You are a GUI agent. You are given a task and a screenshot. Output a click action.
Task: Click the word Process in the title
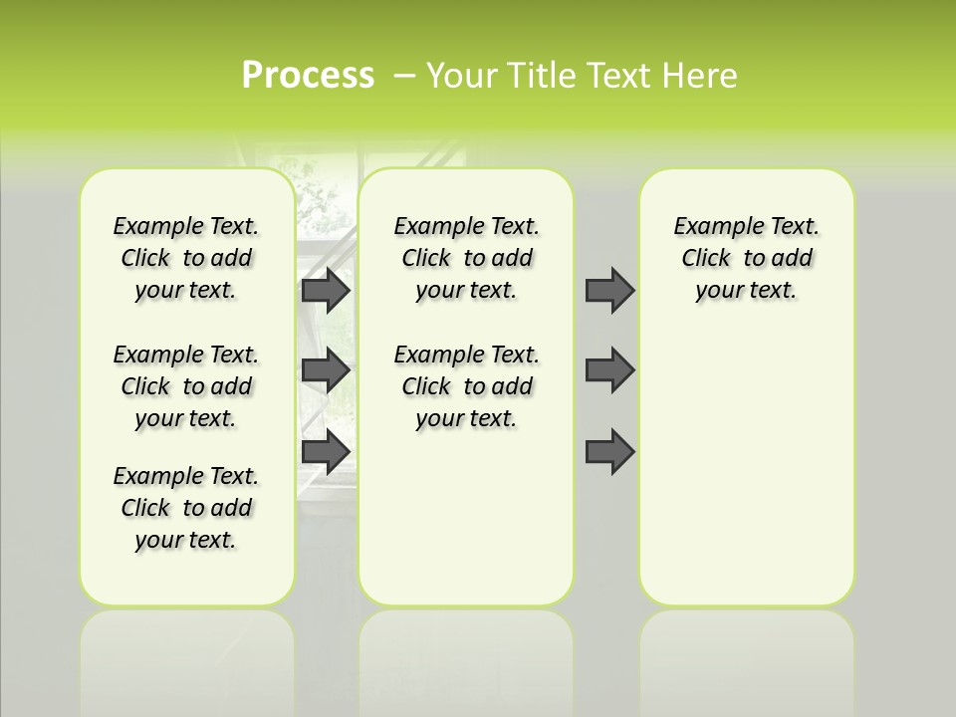(x=308, y=76)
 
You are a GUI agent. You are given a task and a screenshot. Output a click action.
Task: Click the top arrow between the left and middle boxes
(x=326, y=291)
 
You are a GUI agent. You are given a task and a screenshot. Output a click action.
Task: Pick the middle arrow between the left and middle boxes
(x=326, y=370)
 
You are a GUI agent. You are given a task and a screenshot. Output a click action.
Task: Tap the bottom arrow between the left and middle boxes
(x=326, y=452)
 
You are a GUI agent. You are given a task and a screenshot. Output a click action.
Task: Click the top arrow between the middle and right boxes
(x=609, y=291)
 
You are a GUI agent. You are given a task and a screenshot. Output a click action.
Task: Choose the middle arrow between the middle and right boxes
(x=609, y=370)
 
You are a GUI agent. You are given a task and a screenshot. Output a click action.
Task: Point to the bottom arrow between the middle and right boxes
(x=609, y=452)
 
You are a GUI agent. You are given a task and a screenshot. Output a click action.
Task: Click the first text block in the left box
(x=186, y=258)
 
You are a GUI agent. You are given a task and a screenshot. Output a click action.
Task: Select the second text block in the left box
(x=186, y=386)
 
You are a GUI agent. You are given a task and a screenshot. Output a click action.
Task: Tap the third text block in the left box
(x=186, y=508)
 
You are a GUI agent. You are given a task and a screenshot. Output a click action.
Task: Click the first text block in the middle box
(x=467, y=258)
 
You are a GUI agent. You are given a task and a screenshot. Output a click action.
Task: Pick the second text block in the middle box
(x=467, y=386)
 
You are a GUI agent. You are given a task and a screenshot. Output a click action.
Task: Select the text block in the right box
(x=747, y=258)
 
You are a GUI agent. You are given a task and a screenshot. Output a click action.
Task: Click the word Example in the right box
(x=711, y=227)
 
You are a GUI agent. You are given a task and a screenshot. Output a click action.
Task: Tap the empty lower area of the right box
(x=747, y=468)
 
